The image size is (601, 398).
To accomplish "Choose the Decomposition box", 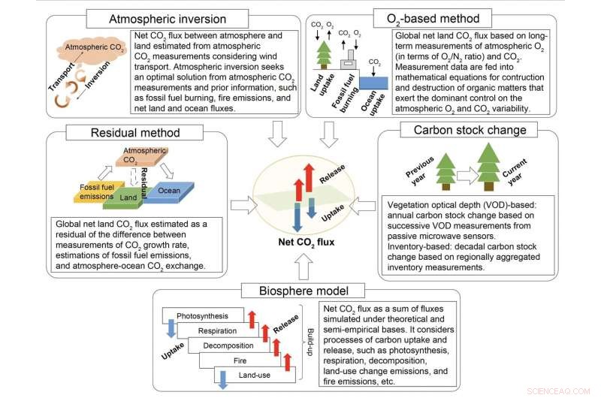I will tap(225, 344).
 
